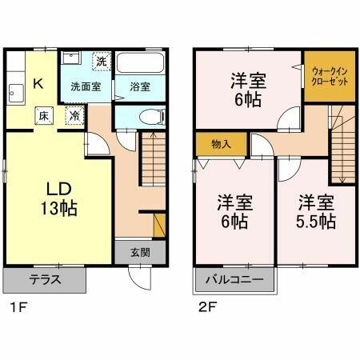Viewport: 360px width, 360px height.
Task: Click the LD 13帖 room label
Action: (59, 198)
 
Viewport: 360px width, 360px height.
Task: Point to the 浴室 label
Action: (141, 86)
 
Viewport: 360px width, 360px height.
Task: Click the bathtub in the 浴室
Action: (141, 65)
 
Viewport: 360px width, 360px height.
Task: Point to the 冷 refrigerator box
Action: (73, 115)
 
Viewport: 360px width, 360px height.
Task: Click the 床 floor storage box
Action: (46, 115)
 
